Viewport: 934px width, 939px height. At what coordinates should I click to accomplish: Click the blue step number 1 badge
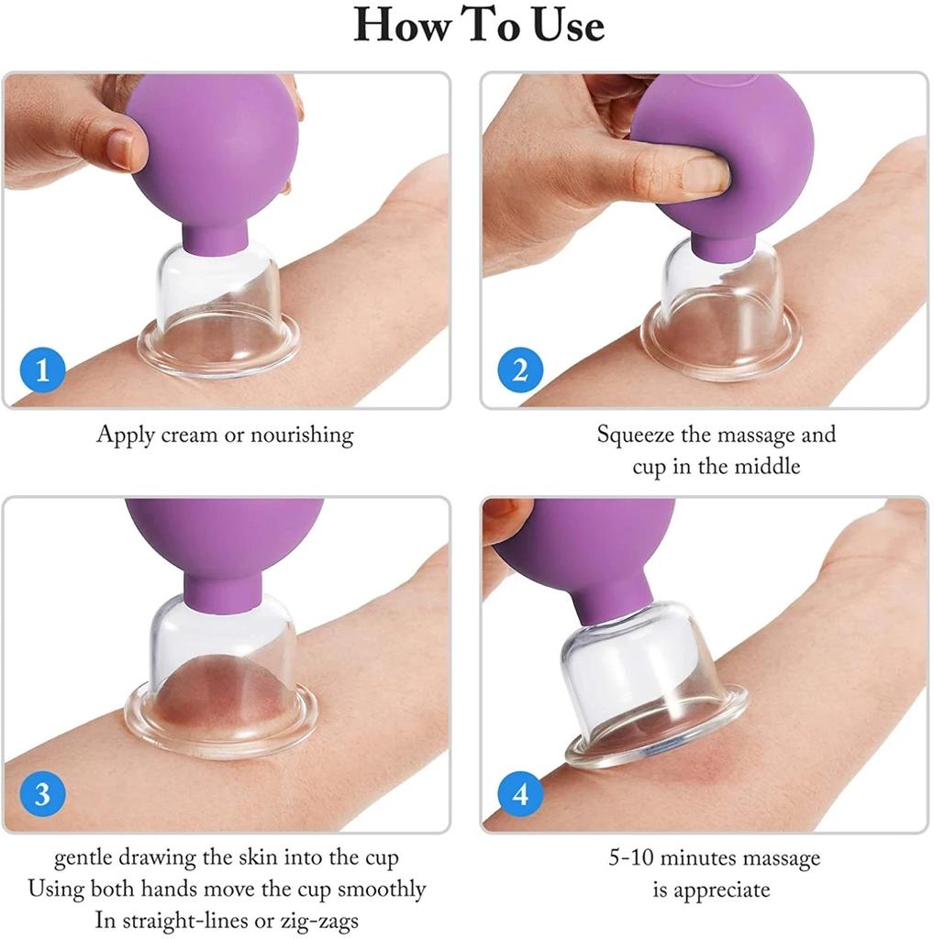[x=42, y=372]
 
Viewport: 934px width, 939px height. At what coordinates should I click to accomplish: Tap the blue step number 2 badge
[x=520, y=371]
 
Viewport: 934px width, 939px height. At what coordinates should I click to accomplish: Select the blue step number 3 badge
[x=42, y=794]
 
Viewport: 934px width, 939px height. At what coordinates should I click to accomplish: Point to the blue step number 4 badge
[x=520, y=794]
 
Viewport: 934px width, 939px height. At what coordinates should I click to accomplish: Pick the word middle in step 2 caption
[x=768, y=466]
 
